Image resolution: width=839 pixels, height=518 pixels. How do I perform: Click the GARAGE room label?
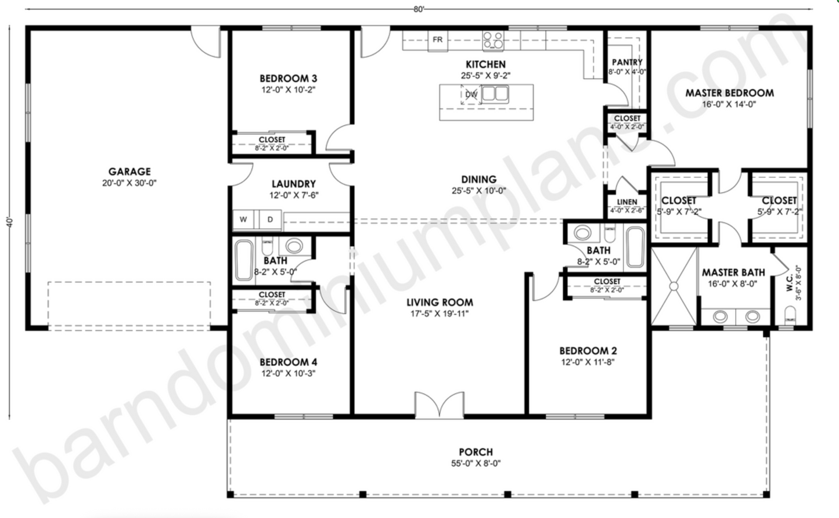coord(129,172)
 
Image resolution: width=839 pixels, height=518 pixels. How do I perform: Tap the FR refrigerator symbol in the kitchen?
coord(438,40)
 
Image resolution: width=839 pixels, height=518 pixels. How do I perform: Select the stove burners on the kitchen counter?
coord(493,40)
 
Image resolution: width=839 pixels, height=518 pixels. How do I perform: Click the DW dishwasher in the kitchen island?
coord(471,94)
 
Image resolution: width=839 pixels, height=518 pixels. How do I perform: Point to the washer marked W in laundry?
coord(243,220)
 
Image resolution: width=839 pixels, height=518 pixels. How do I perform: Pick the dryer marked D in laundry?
coord(270,220)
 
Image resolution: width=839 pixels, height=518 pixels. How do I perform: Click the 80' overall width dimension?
coord(419,9)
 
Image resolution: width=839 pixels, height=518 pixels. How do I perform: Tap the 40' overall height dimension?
coord(10,222)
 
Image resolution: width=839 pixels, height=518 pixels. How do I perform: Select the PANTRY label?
coord(627,62)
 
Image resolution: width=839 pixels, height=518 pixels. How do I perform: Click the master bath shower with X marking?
coord(674,286)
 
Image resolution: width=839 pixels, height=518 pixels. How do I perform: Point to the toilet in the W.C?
coord(790,316)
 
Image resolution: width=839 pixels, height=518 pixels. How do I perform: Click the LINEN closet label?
coord(627,202)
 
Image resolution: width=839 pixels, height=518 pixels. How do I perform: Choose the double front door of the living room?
coord(440,405)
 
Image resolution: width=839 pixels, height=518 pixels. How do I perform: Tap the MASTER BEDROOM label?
coord(729,93)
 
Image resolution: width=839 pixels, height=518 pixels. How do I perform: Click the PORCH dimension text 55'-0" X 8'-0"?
coord(476,463)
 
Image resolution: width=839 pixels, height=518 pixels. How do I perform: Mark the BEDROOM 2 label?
coord(588,351)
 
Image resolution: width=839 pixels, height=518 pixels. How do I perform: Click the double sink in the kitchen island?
coord(495,93)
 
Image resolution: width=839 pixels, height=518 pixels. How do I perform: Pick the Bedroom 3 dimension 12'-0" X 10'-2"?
coord(288,90)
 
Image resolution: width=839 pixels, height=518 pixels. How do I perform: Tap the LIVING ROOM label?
coord(439,302)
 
